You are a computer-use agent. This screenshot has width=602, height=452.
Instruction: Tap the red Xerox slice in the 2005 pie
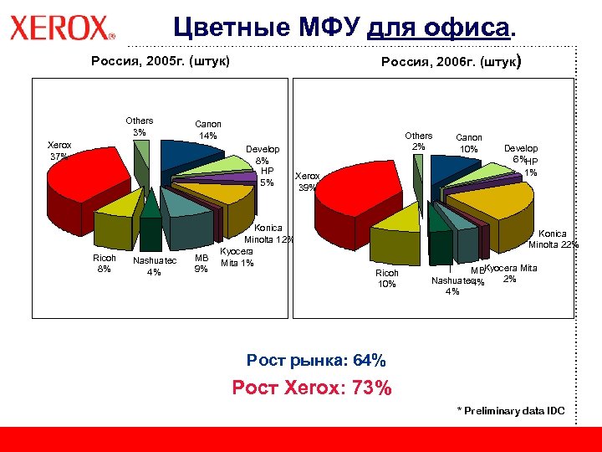(92, 180)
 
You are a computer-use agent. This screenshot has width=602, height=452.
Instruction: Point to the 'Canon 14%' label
(207, 129)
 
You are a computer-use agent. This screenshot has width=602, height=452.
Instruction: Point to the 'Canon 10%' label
(468, 143)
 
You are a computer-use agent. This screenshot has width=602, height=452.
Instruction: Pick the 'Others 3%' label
(139, 126)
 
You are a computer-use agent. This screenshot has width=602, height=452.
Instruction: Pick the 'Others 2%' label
(418, 141)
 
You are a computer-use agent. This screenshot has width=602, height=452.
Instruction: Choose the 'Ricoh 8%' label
(105, 263)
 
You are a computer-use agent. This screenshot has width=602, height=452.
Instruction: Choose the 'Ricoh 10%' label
(387, 278)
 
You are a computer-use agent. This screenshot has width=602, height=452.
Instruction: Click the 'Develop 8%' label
(263, 155)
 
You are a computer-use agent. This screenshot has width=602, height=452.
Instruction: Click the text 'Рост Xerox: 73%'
(311, 388)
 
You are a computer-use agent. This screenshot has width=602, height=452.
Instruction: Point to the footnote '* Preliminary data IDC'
(510, 410)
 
